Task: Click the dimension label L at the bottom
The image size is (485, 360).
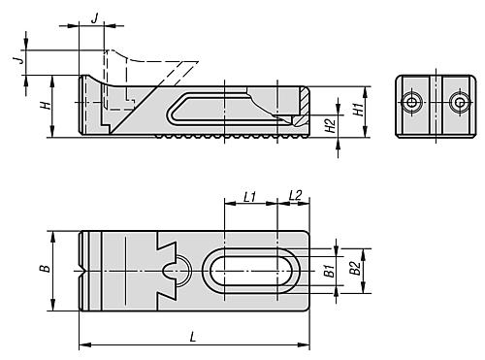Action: [193, 337]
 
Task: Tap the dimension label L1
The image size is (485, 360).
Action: [249, 197]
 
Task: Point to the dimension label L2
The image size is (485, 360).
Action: [295, 196]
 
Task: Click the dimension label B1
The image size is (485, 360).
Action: [329, 271]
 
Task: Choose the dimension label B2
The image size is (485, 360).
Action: [355, 268]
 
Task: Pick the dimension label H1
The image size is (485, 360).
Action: [358, 110]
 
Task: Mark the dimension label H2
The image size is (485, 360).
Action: [330, 126]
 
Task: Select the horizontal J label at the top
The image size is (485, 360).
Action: [94, 18]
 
